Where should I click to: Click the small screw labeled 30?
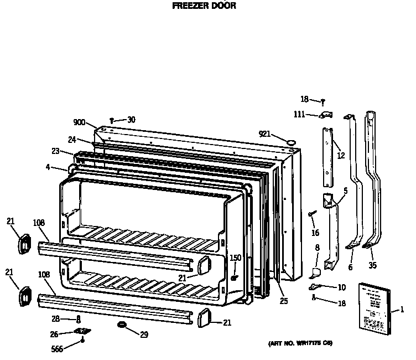coord(112,120)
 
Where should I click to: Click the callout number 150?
coord(236,258)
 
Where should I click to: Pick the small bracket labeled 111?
coord(325,115)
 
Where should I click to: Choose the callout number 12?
coord(341,156)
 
